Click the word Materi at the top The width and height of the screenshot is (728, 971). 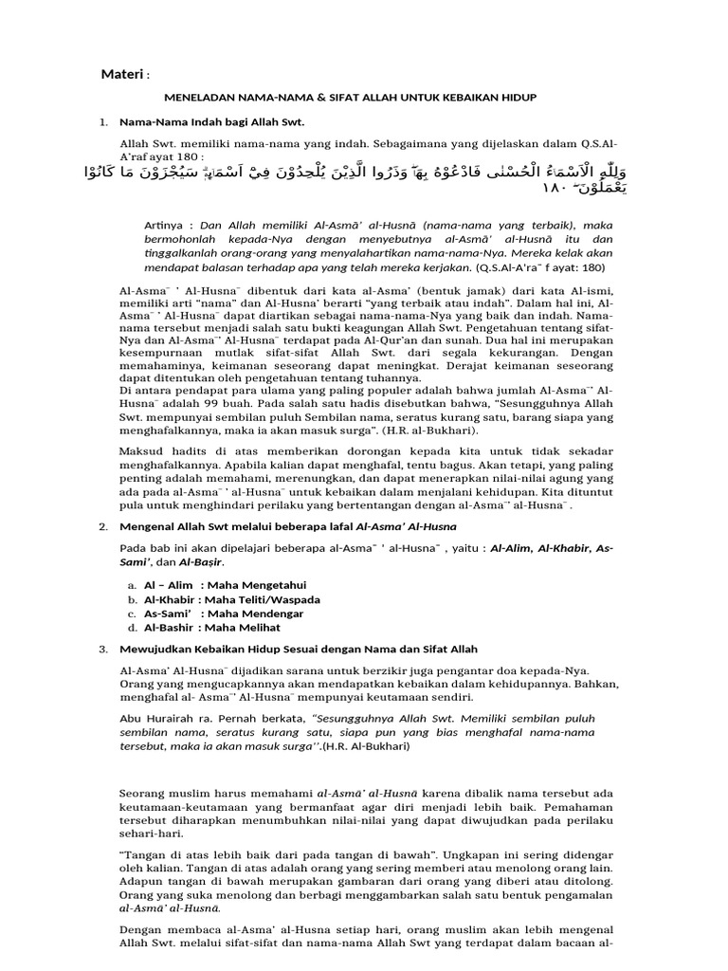121,75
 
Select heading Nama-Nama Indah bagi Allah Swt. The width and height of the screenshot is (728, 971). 210,122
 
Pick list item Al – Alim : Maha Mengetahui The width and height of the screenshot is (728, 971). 225,585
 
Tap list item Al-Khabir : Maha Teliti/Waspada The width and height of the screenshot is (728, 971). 230,599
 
